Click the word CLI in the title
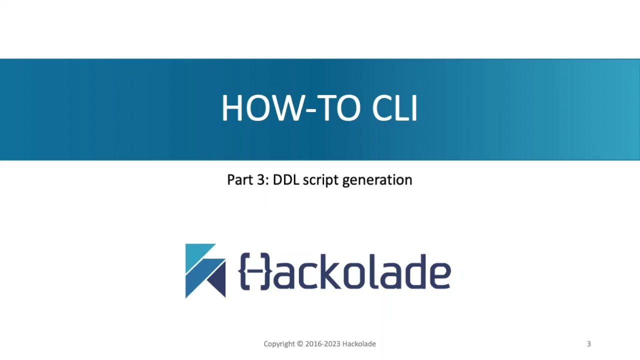click(x=394, y=108)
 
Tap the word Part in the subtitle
click(x=238, y=180)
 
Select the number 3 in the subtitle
click(x=263, y=180)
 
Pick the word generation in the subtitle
click(x=377, y=181)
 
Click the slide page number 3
click(x=588, y=344)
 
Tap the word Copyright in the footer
click(x=279, y=344)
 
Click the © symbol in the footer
click(x=300, y=344)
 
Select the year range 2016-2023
click(x=322, y=344)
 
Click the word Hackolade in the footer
click(x=358, y=344)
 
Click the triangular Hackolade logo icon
click(x=205, y=270)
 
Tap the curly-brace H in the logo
click(x=254, y=271)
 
